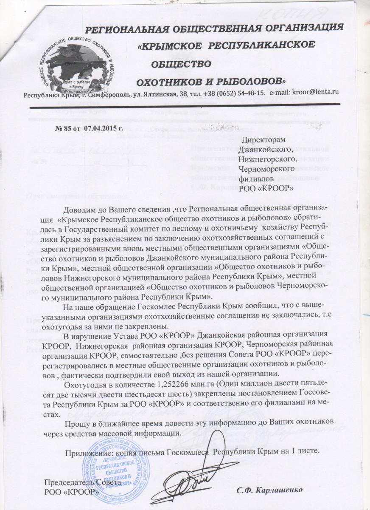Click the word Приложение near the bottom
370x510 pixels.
[87, 450]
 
